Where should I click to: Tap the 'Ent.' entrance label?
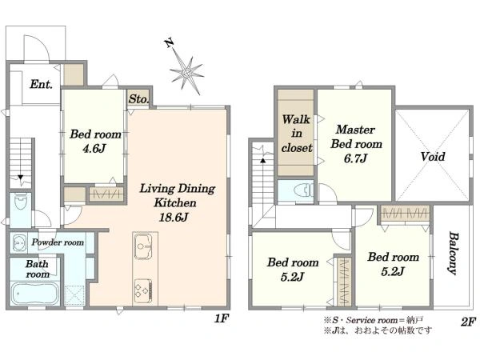click(x=41, y=84)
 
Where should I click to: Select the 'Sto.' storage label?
click(x=138, y=99)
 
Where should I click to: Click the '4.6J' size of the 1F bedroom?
click(x=94, y=149)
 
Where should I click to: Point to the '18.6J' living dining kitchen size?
click(x=174, y=217)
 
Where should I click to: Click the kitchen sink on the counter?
click(x=143, y=246)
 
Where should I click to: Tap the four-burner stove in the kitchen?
click(x=143, y=290)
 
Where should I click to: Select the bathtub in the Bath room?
click(x=35, y=294)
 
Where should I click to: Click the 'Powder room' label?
click(x=58, y=242)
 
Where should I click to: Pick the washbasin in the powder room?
click(x=18, y=242)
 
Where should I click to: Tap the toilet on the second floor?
click(x=302, y=190)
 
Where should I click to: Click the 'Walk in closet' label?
click(x=296, y=134)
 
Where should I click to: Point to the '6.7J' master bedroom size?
click(x=355, y=158)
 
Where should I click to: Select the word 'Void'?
click(x=433, y=157)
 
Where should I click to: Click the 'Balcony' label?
click(x=453, y=253)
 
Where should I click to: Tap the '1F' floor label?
click(x=222, y=318)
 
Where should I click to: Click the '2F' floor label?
click(x=468, y=322)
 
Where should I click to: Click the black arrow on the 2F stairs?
click(x=263, y=160)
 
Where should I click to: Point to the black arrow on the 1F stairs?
click(x=20, y=178)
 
